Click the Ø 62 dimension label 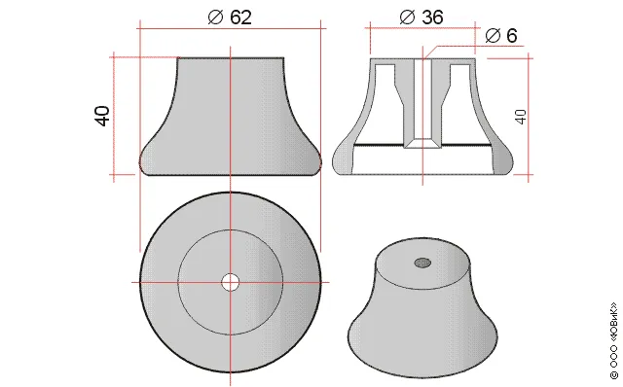tap(230, 18)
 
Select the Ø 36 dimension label tap(421, 18)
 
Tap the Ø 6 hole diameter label tap(501, 36)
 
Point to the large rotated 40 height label tap(102, 116)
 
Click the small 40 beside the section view tap(521, 117)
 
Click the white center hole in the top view tap(231, 283)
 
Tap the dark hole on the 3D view tap(422, 263)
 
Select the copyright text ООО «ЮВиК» tap(614, 340)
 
